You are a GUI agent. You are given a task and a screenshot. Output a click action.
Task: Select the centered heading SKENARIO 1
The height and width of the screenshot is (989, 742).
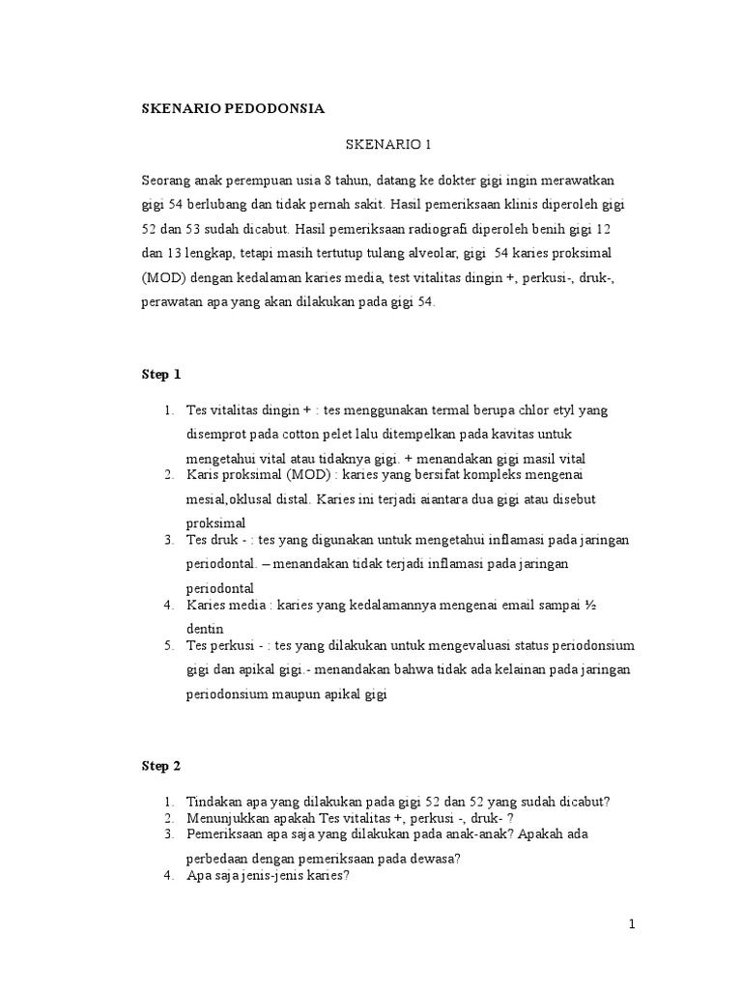387,145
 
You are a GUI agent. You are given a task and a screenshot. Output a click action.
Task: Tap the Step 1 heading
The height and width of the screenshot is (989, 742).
161,374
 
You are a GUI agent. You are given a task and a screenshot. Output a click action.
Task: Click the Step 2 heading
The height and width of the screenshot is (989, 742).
161,766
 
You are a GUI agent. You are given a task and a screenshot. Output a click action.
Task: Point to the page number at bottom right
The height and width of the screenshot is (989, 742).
631,924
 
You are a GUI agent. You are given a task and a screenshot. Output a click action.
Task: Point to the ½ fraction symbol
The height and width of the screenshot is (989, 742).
586,606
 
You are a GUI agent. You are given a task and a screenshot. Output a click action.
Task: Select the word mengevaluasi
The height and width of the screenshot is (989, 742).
429,645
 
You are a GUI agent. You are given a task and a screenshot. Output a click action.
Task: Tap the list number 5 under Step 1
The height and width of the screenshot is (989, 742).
168,645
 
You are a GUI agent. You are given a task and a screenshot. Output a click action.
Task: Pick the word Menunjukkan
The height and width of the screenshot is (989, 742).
227,817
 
